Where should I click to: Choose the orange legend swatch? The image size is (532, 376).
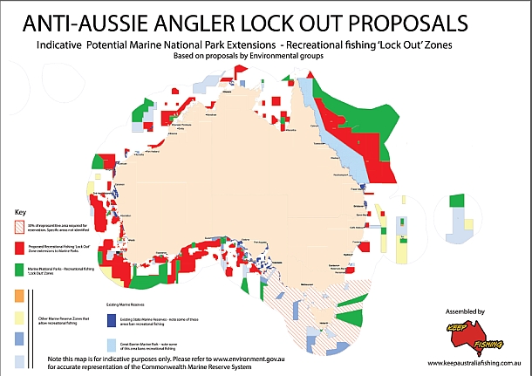(20, 293)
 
